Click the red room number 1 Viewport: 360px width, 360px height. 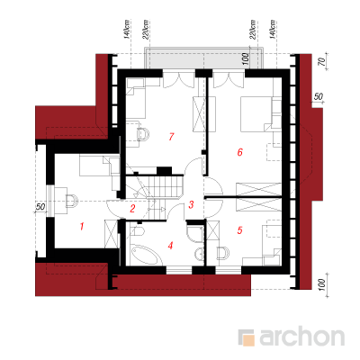pos(82,226)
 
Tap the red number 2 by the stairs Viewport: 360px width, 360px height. pos(132,209)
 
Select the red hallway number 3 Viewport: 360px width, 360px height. pos(191,205)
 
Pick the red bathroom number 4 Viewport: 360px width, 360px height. pos(170,246)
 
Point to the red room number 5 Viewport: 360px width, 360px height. pos(239,230)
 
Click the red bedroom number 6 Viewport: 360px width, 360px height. pos(239,152)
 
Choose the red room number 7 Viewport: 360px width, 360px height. pos(171,137)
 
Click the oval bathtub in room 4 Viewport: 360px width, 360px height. pos(145,255)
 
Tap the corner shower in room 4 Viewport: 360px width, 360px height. pos(194,233)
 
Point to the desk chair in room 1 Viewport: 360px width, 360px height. pos(71,201)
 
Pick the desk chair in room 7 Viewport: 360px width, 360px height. pos(143,134)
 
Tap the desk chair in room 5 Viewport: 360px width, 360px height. pos(223,253)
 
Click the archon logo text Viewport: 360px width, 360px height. pos(301,337)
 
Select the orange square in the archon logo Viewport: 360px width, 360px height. pos(248,340)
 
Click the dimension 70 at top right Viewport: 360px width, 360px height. pos(321,62)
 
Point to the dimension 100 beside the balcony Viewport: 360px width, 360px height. pos(245,58)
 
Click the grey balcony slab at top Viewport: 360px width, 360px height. pos(204,58)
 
